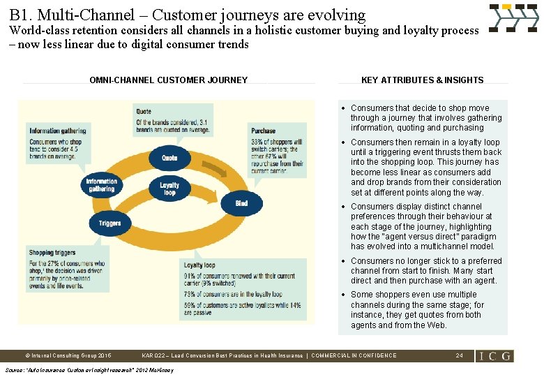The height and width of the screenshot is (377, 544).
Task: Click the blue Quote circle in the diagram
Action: [169, 158]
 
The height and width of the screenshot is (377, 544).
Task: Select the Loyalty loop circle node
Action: [169, 188]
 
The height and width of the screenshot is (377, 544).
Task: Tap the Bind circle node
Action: [241, 203]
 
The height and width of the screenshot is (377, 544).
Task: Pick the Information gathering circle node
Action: [101, 185]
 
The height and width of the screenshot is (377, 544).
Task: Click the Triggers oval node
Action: [109, 223]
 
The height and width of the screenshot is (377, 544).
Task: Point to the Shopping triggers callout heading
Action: [52, 252]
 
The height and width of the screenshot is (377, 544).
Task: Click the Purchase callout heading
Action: [264, 130]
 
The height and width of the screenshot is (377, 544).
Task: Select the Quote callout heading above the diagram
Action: [144, 111]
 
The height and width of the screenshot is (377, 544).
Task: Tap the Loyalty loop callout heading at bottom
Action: [199, 265]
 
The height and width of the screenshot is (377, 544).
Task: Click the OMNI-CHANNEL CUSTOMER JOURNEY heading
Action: [168, 80]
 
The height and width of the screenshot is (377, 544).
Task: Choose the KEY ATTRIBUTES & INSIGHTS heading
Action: [422, 80]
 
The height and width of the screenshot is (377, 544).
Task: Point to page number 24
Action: [459, 356]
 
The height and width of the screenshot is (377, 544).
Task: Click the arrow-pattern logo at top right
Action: [513, 18]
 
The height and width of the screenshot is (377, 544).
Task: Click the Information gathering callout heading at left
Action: [58, 131]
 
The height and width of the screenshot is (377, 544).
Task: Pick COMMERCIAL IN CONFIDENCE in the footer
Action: [354, 356]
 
